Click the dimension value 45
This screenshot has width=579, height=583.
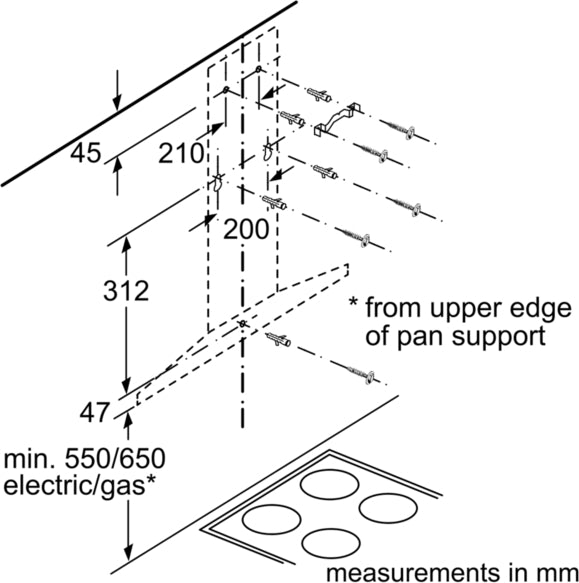click(x=86, y=153)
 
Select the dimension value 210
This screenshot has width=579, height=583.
click(x=181, y=153)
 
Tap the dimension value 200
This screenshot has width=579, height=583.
click(x=246, y=229)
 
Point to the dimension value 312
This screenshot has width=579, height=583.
click(x=126, y=290)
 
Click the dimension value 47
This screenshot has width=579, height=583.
click(x=95, y=412)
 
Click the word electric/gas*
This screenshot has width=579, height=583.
click(x=79, y=485)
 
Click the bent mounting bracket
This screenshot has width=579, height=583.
click(x=338, y=118)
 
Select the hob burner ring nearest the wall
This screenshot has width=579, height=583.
click(x=329, y=484)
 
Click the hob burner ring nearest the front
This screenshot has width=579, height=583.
click(x=331, y=543)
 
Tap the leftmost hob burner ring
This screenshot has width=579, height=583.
click(x=271, y=519)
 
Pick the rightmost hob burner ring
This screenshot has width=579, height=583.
click(x=388, y=508)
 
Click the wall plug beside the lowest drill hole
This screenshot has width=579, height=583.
click(x=278, y=340)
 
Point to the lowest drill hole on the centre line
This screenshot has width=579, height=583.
click(x=242, y=324)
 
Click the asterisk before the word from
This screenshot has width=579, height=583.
click(x=353, y=301)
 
